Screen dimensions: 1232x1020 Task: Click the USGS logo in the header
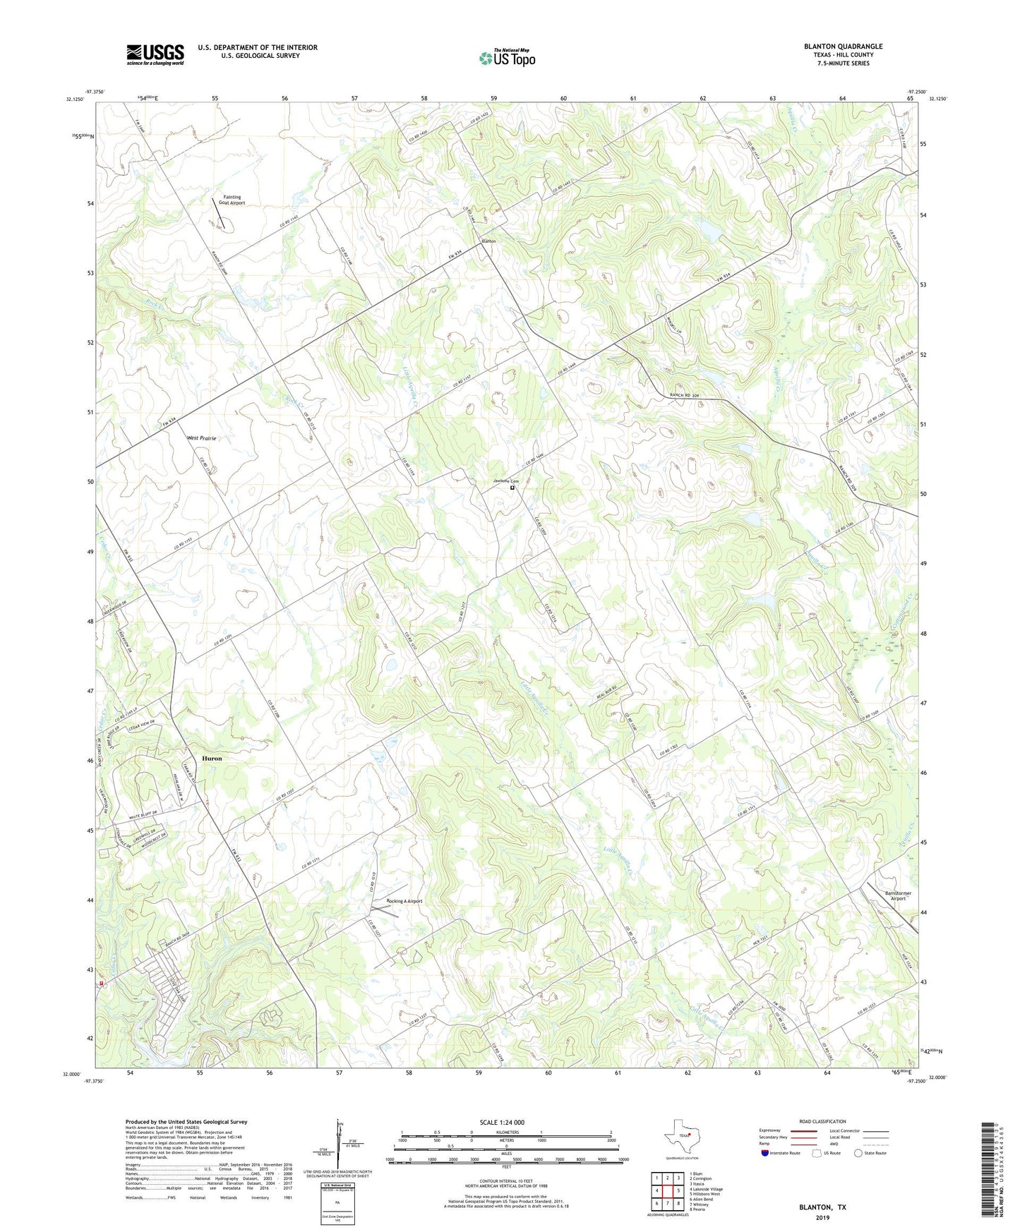pos(155,54)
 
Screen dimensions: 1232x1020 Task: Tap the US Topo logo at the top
pos(506,58)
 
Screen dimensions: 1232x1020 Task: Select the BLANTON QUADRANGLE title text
pos(843,47)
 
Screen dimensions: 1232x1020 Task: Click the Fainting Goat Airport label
pos(232,200)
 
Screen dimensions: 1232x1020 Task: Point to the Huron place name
pos(212,759)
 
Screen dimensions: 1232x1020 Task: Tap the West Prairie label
pos(201,438)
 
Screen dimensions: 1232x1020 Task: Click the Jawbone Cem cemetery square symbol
pos(512,487)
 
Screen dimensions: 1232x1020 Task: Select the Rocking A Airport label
pos(404,901)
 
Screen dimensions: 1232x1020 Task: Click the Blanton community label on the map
pos(488,241)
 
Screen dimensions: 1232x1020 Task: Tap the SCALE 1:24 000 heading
pos(501,1123)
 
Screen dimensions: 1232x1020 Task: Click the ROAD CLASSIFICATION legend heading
pos(822,1121)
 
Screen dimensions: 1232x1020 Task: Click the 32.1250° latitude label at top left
pos(71,99)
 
